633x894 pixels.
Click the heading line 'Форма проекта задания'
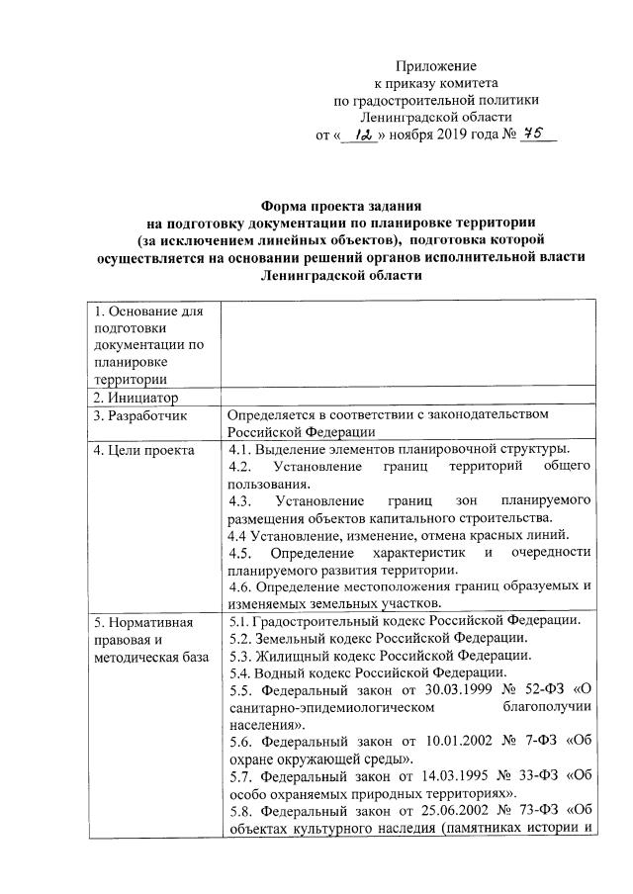[x=340, y=206]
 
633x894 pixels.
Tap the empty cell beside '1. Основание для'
[x=409, y=346]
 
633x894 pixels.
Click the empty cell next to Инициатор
[x=409, y=398]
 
